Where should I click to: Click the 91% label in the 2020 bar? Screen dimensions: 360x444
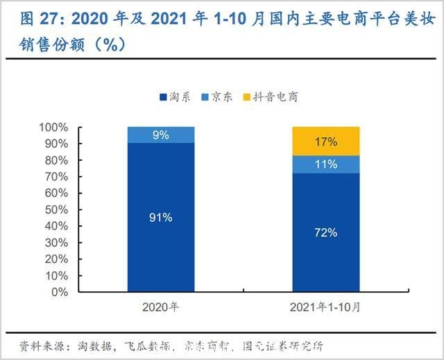pos(160,217)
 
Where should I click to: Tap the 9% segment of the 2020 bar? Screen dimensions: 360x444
pos(160,135)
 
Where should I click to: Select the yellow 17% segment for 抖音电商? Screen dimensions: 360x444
pos(326,142)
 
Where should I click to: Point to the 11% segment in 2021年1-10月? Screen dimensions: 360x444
pos(326,164)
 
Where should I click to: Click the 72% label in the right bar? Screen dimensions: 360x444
pos(326,232)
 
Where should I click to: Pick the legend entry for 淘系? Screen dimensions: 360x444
pos(177,98)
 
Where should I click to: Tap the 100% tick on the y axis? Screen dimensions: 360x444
pos(73,128)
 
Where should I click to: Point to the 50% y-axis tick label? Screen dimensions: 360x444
pos(76,209)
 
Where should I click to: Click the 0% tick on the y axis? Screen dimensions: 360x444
pos(78,291)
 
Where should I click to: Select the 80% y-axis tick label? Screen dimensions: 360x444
pos(76,160)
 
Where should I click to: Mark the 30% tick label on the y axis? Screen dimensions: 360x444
pos(76,242)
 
